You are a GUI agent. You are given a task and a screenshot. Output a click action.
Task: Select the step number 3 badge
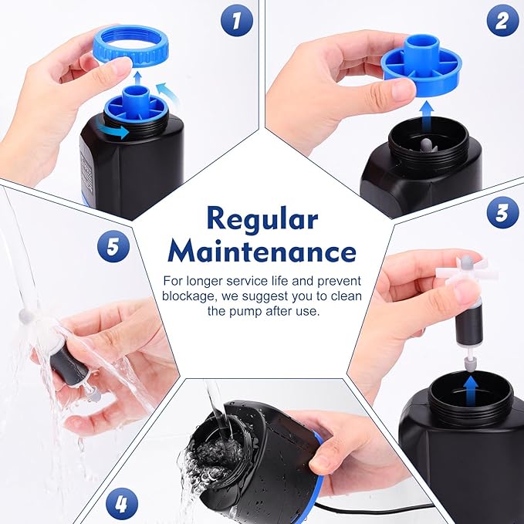coord(503,211)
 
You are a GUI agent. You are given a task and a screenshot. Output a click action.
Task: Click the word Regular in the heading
coord(262,220)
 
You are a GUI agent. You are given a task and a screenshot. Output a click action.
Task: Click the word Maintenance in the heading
coord(262,251)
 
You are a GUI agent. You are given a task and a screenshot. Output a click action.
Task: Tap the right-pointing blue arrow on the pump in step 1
coord(117,132)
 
